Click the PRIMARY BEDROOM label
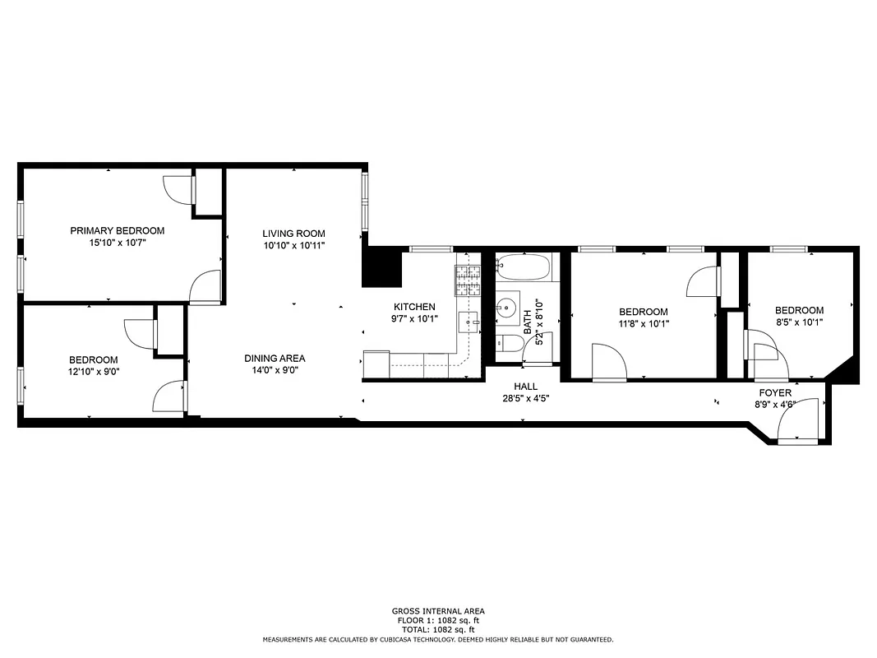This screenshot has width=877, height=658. coord(117,230)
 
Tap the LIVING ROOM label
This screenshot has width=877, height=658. coord(293,234)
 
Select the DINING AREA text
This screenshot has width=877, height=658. coord(275,358)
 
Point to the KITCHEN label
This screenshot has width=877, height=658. coord(414,307)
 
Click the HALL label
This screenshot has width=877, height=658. coord(525,386)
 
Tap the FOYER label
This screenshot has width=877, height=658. coord(775,393)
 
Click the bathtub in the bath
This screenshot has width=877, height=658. coord(524,268)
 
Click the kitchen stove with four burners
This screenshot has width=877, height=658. coord(469,281)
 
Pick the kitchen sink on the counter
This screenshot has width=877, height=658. coord(469,322)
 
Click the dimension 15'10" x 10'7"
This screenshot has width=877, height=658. coord(117,243)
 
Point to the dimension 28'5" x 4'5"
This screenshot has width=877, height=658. coord(525,398)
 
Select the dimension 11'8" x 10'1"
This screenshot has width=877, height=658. coord(643,323)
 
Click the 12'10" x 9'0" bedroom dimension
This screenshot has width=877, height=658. coord(93,372)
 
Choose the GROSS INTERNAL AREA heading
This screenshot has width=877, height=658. coord(437,611)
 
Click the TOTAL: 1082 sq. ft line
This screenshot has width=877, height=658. coord(437,629)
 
